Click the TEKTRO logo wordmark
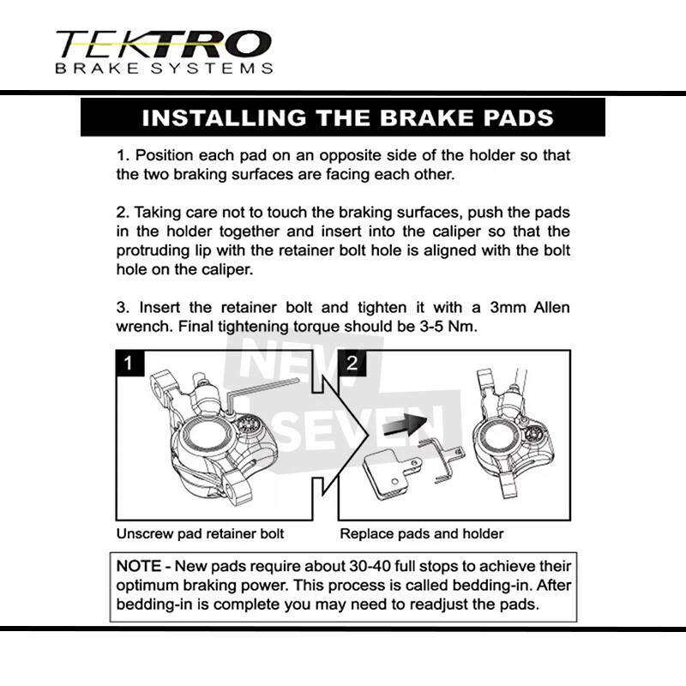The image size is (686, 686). click(x=163, y=43)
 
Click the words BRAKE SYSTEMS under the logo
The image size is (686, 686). click(x=163, y=68)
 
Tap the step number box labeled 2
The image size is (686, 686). click(x=352, y=364)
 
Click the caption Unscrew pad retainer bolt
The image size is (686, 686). click(x=200, y=533)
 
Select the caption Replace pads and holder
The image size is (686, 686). click(x=422, y=533)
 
